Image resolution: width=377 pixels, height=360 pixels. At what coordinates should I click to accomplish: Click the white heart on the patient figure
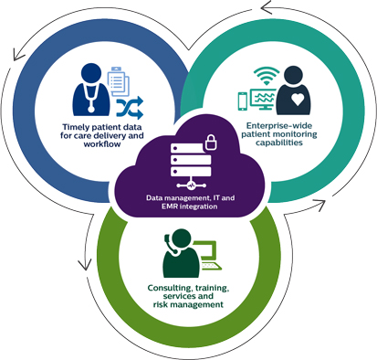(298, 95)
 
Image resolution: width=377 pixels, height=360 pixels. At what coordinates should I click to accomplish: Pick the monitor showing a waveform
(263, 97)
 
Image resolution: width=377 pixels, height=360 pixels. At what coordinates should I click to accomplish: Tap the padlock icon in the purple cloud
(208, 142)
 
